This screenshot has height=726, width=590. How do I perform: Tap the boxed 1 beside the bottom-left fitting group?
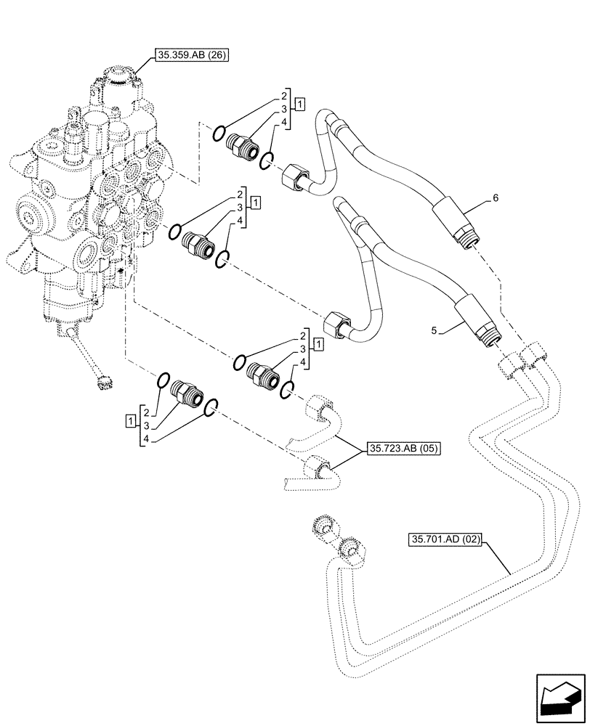click(x=129, y=420)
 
